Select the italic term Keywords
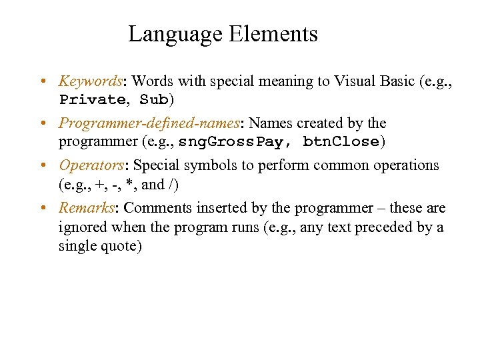pyautogui.click(x=90, y=82)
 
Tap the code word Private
pyautogui.click(x=92, y=101)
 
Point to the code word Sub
pyautogui.click(x=154, y=101)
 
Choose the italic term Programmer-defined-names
pyautogui.click(x=149, y=123)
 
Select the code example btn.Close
pyautogui.click(x=341, y=142)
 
